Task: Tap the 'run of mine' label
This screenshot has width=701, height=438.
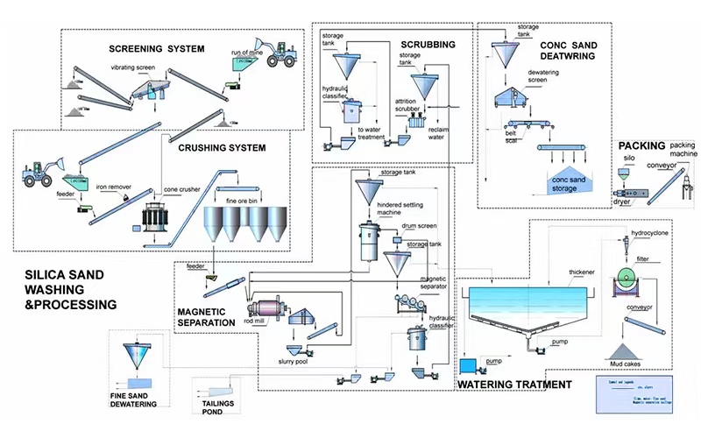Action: coord(248,53)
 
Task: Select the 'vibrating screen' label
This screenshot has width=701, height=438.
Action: coord(134,67)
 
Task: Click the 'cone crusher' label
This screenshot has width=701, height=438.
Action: coord(181,188)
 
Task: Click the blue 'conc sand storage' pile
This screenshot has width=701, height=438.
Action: coord(564,181)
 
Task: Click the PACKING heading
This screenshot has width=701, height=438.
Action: coord(641,145)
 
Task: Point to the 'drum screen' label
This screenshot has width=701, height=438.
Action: coord(419,226)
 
